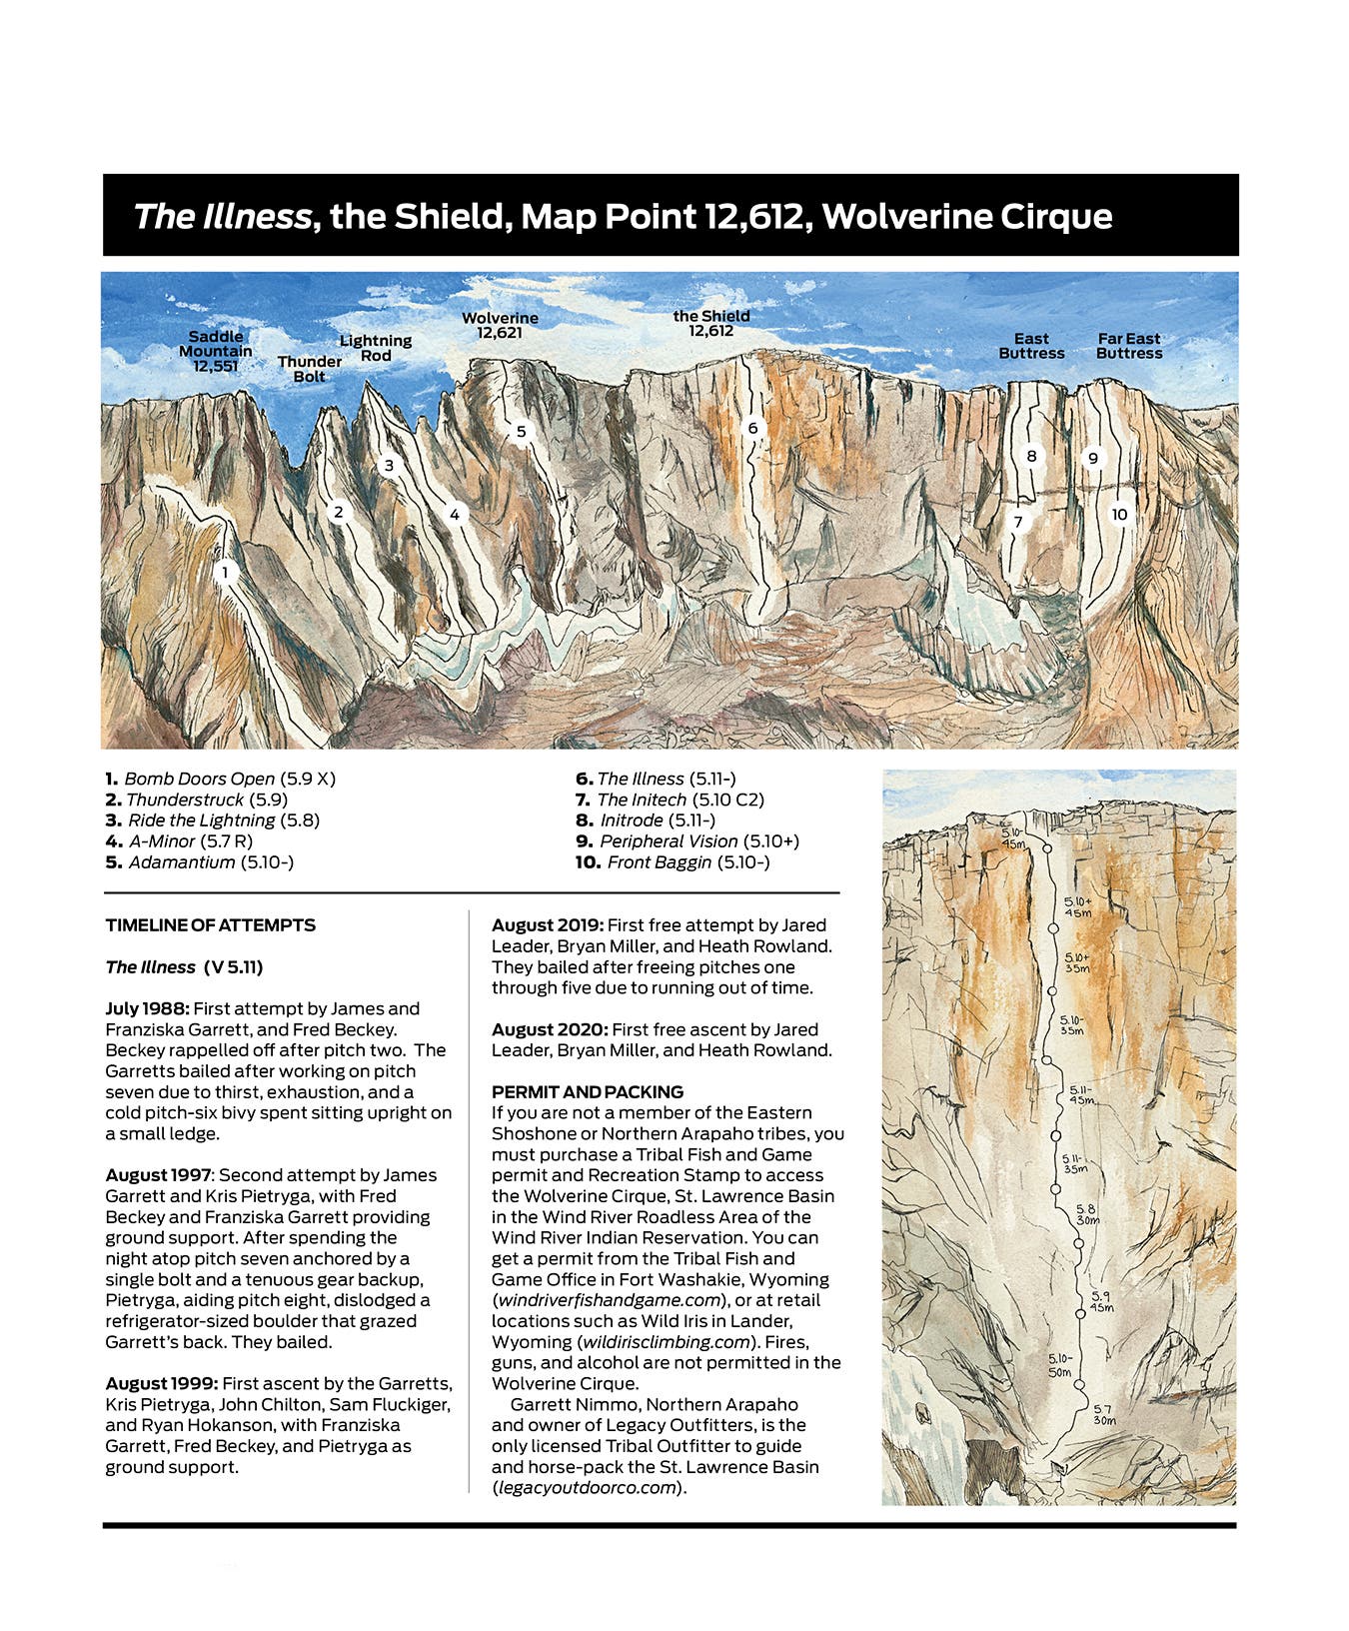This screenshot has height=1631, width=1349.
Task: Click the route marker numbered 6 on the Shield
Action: point(753,429)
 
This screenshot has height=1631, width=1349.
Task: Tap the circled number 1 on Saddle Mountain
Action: point(226,573)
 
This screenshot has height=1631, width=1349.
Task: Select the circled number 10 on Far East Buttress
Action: point(1119,514)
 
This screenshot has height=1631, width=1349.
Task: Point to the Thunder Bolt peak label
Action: point(310,369)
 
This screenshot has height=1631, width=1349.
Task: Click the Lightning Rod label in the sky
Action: point(376,348)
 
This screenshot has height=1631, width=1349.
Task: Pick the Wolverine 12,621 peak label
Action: point(500,325)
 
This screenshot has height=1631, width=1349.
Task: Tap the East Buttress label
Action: point(1031,346)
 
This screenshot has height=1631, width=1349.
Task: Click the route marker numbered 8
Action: point(1032,456)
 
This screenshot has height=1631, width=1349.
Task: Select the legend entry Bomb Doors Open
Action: point(200,779)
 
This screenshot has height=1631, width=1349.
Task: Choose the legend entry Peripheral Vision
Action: point(669,841)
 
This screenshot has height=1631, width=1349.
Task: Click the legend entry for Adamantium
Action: point(182,862)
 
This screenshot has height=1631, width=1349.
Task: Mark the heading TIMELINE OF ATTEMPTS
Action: point(211,925)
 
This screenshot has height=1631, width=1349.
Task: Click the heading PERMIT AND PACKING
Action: point(588,1091)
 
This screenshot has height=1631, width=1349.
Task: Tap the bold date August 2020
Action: point(549,1029)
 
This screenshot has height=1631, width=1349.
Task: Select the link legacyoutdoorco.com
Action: point(586,1488)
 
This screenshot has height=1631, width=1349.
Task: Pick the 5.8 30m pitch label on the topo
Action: point(1086,1214)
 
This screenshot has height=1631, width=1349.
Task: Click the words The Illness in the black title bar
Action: point(222,217)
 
